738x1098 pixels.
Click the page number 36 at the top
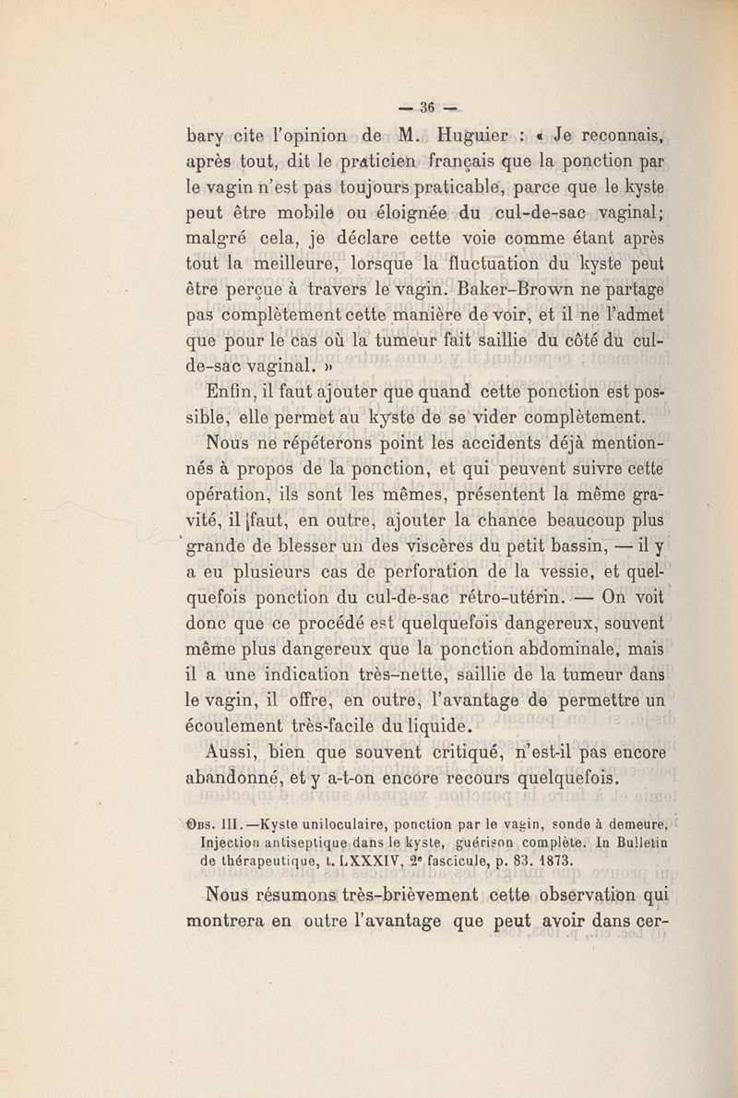coord(427,103)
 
